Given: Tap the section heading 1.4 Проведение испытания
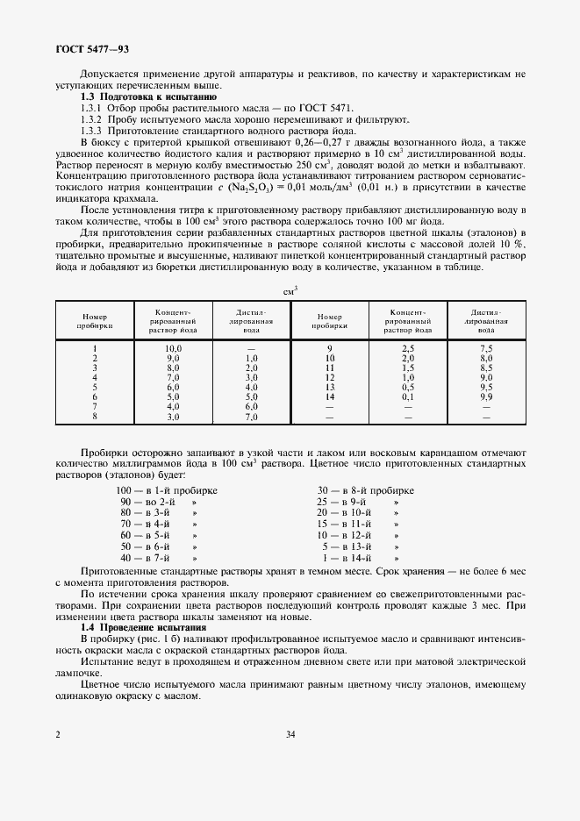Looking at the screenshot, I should [143, 628].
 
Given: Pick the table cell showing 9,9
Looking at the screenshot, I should [485, 396].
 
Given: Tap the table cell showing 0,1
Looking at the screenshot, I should [408, 396].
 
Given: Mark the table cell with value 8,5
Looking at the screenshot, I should [485, 369].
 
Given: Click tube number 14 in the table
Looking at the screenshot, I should [330, 396].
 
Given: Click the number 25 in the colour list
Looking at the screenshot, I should [322, 502].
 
